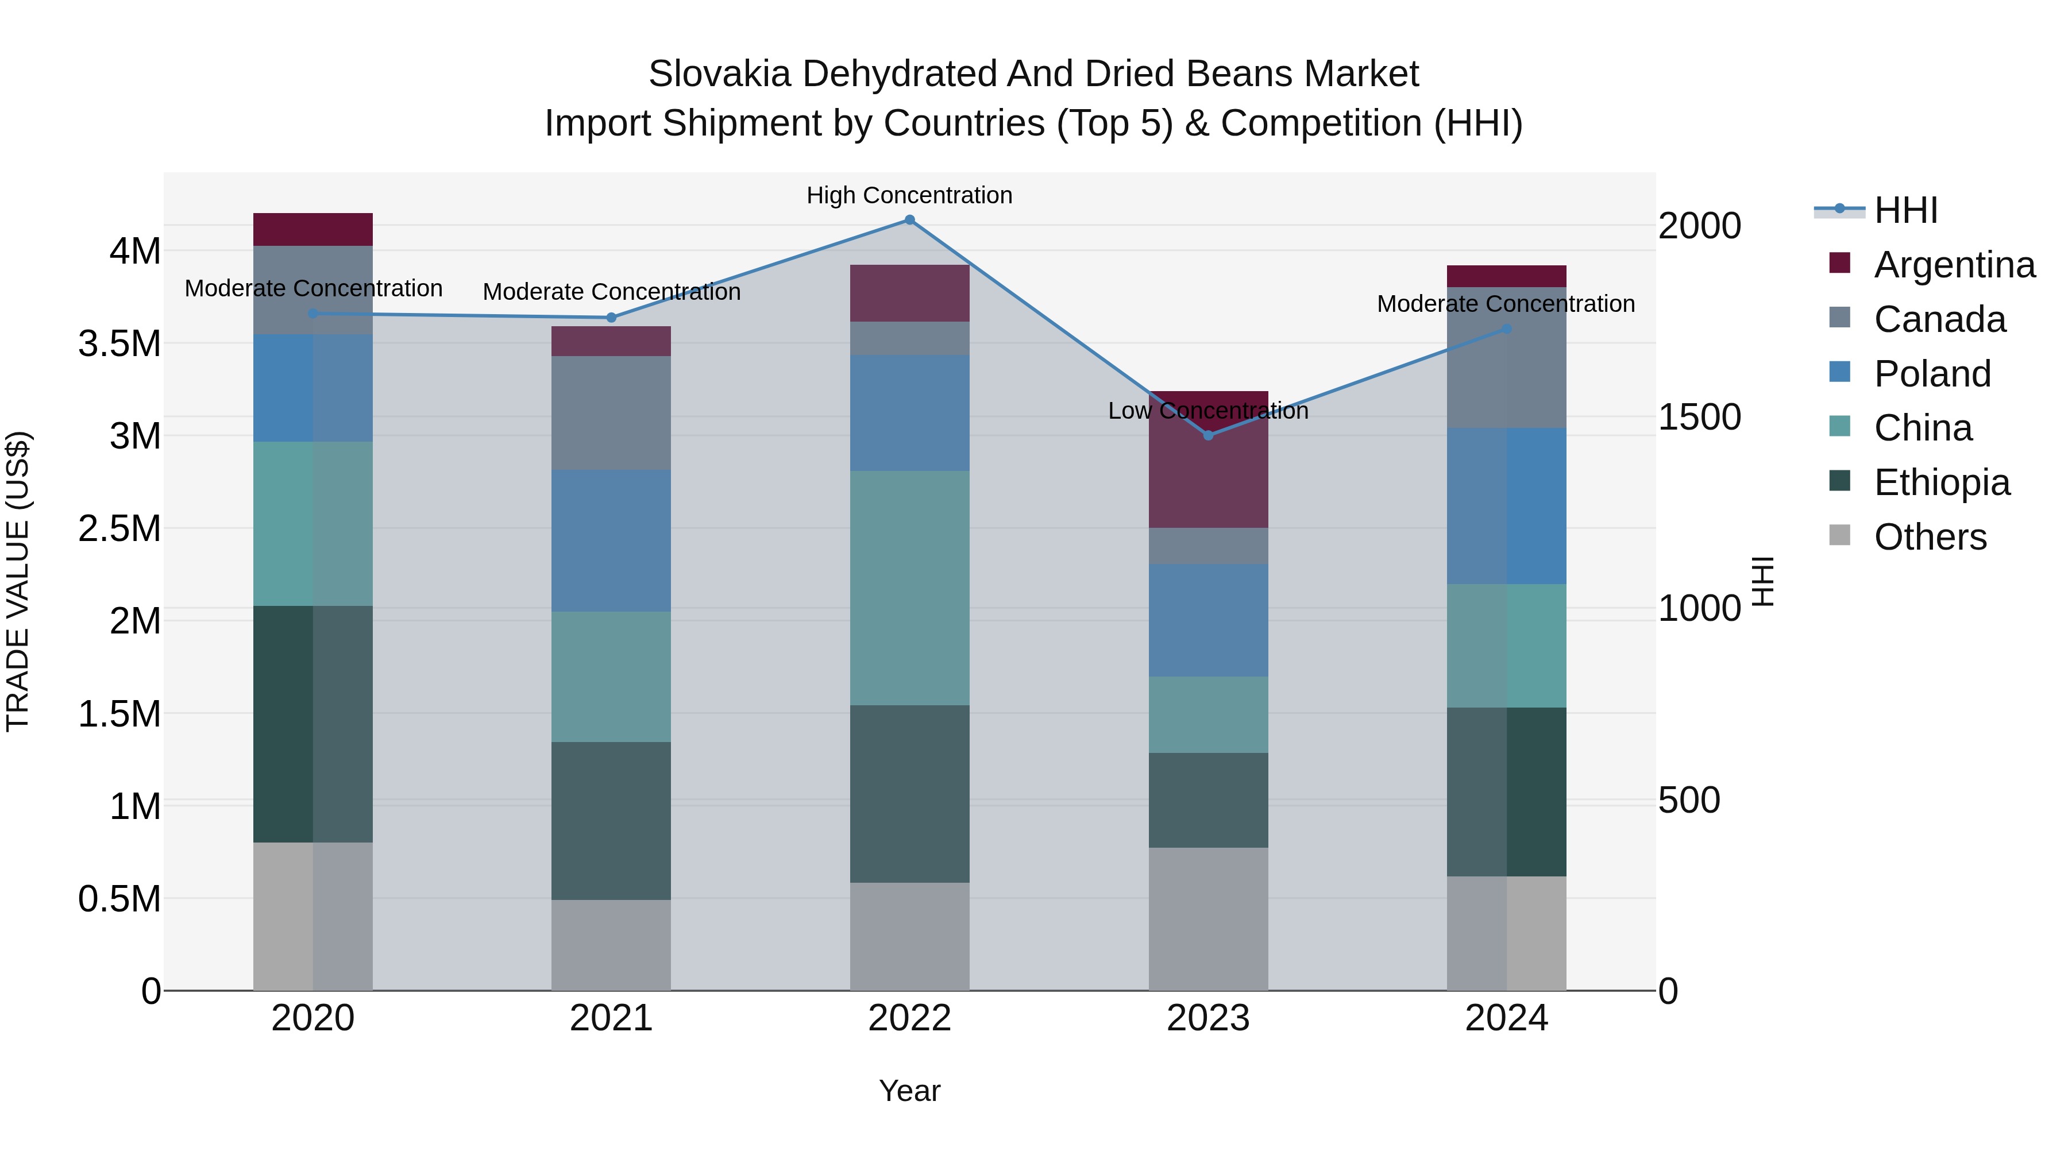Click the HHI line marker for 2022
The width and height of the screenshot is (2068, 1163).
point(909,220)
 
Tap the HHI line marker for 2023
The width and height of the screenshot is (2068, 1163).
point(1208,435)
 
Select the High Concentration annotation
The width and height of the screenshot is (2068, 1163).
point(909,196)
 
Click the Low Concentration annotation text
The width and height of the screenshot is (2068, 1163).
point(1207,411)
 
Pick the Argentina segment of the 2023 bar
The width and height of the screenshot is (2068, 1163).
point(1208,474)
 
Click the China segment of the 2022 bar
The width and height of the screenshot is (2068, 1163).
point(909,588)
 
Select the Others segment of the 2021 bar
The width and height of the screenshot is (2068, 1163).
point(611,945)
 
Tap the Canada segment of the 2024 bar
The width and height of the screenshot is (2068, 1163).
point(1506,369)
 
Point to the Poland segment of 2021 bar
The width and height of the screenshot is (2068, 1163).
point(611,541)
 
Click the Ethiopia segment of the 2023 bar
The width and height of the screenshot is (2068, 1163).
point(1208,800)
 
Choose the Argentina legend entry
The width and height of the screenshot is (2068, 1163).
point(1954,265)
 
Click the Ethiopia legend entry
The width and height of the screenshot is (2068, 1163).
point(1941,482)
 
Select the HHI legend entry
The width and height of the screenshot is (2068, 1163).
point(1905,210)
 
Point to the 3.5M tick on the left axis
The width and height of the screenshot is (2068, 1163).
point(119,343)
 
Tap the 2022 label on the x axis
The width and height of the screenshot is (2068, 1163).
point(909,1018)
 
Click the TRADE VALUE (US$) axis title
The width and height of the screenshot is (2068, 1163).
point(18,581)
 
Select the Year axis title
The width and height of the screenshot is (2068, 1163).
point(909,1091)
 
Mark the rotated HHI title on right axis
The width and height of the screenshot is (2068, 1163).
point(1762,581)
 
